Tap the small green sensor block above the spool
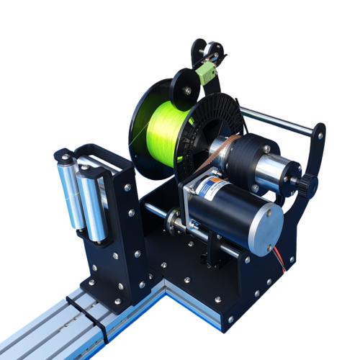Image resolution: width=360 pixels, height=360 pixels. (x=207, y=71)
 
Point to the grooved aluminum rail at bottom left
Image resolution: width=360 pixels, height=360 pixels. (x=43, y=331)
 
